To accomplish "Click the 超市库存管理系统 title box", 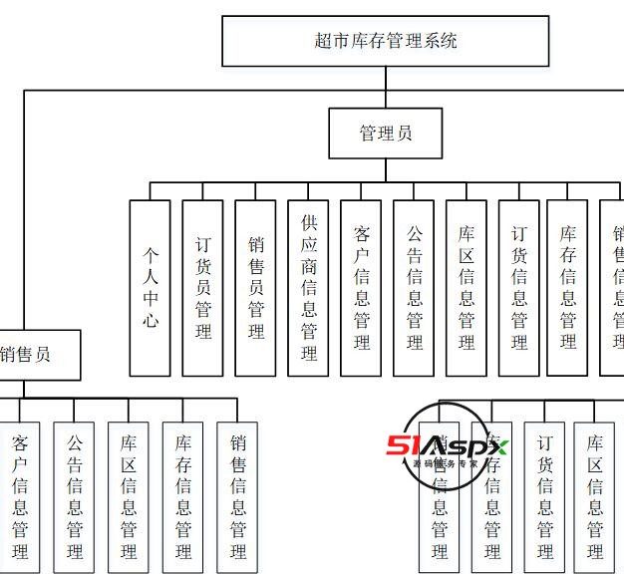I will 385,41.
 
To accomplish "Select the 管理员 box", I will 386,134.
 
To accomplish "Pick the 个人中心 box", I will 151,287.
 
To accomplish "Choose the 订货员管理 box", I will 203,287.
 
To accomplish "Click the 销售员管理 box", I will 256,287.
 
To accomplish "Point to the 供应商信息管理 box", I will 308,287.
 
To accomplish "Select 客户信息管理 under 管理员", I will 361,287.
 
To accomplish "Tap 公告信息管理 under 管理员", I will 414,287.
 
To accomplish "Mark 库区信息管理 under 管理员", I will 467,287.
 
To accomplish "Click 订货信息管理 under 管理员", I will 519,287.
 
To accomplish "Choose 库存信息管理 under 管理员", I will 567,287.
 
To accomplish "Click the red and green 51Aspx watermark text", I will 448,447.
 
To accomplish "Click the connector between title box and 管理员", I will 386,88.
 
